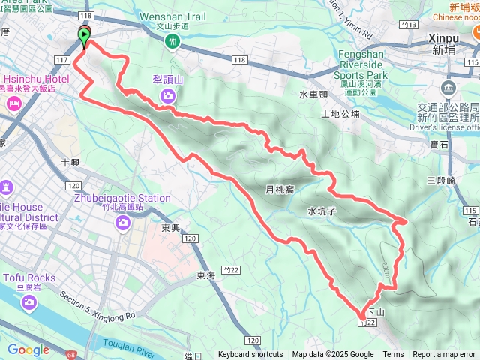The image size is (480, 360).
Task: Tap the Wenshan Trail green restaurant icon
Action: pyautogui.click(x=172, y=42)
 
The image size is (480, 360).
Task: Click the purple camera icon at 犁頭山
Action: pyautogui.click(x=169, y=94)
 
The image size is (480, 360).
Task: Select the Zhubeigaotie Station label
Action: pyautogui.click(x=122, y=199)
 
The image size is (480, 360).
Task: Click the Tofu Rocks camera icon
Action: pyautogui.click(x=28, y=301)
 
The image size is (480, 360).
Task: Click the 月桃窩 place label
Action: pyautogui.click(x=279, y=190)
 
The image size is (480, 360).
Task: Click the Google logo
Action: pyautogui.click(x=28, y=349)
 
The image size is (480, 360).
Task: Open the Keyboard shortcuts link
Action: pyautogui.click(x=250, y=355)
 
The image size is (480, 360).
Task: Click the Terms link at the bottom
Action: pyautogui.click(x=393, y=355)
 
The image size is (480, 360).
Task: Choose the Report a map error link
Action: pyautogui.click(x=444, y=355)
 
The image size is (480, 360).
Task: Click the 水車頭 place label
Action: pyautogui.click(x=313, y=95)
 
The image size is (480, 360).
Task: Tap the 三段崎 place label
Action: pyautogui.click(x=441, y=181)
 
